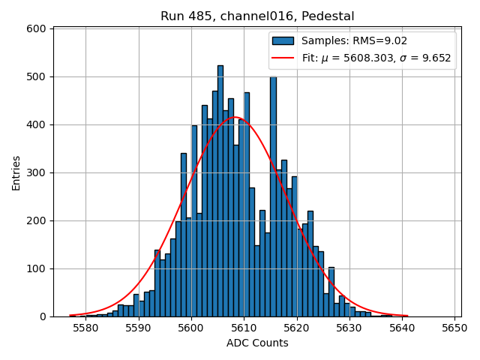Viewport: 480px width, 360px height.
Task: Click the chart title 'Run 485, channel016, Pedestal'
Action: [x=257, y=16]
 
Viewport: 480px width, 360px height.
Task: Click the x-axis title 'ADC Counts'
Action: [x=257, y=343]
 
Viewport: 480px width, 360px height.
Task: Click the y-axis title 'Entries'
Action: [x=16, y=172]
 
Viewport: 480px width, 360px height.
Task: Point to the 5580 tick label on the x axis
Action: [x=85, y=328]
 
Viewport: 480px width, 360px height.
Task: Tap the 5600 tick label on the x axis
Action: [x=191, y=328]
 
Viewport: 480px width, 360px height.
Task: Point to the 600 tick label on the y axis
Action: [x=38, y=28]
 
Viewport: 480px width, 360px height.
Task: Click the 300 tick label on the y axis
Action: [x=38, y=172]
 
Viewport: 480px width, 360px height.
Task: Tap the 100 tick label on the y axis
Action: [x=38, y=268]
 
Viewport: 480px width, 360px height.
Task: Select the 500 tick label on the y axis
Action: [x=38, y=76]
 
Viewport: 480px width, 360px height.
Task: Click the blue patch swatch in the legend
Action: [x=283, y=40]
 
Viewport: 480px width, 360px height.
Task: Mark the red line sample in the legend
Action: [x=283, y=58]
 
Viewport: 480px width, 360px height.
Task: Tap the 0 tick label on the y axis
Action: [x=43, y=316]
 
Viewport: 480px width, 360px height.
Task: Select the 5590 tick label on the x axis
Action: [x=138, y=328]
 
